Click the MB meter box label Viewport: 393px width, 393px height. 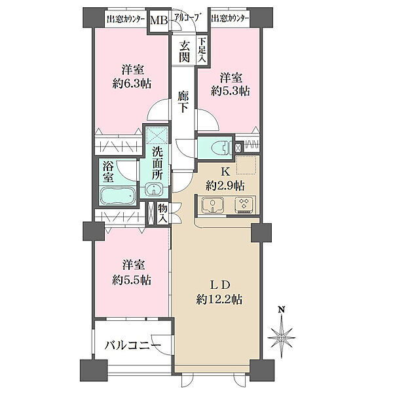(159, 20)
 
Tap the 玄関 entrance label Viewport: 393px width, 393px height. (184, 52)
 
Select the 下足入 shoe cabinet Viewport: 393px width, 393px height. (202, 50)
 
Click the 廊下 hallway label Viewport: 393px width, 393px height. (183, 102)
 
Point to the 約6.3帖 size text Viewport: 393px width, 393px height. (132, 84)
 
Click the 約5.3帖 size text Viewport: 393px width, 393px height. (231, 91)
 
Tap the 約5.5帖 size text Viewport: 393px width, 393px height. (132, 280)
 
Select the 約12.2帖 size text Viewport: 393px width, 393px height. (219, 299)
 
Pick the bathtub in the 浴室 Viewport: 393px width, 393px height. (118, 196)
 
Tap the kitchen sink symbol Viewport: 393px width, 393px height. (212, 204)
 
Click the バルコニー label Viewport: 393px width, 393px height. (132, 346)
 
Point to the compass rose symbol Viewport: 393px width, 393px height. (282, 337)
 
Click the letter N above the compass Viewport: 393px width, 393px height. (282, 310)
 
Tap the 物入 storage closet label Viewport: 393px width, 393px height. (162, 214)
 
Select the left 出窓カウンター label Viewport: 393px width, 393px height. (126, 19)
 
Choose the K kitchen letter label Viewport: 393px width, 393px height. (225, 172)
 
